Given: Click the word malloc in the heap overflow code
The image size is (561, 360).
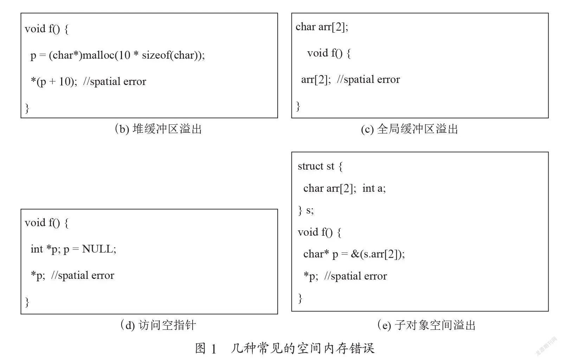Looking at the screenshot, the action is [98, 55].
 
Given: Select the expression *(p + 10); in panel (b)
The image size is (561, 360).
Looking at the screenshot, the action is [54, 81].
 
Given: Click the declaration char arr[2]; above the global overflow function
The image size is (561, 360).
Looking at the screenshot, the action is [322, 27].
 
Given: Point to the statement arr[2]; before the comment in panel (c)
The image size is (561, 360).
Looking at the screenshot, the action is [316, 80].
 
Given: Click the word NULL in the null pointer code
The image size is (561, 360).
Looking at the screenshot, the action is [97, 249].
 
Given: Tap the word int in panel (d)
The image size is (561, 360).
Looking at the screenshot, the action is [37, 249].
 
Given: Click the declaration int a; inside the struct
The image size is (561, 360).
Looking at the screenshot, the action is [374, 188].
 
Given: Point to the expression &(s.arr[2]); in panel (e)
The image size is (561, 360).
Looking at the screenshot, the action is [378, 254].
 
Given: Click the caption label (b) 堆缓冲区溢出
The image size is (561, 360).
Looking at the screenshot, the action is [158, 129].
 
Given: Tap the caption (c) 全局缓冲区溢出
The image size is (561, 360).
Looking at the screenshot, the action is [410, 129].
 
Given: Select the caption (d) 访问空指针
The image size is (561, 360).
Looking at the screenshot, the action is [158, 325].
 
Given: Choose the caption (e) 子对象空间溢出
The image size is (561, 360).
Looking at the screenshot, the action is [426, 325].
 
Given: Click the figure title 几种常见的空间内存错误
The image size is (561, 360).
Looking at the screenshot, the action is [303, 348].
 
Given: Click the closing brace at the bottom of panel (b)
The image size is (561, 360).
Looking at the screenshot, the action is [27, 108].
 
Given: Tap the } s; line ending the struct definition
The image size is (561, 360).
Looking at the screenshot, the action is [306, 210].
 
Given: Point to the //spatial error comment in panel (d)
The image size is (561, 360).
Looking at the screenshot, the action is [83, 275].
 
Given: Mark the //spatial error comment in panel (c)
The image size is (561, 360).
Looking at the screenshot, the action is [368, 80].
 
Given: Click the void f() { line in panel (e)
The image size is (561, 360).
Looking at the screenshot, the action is [319, 233].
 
